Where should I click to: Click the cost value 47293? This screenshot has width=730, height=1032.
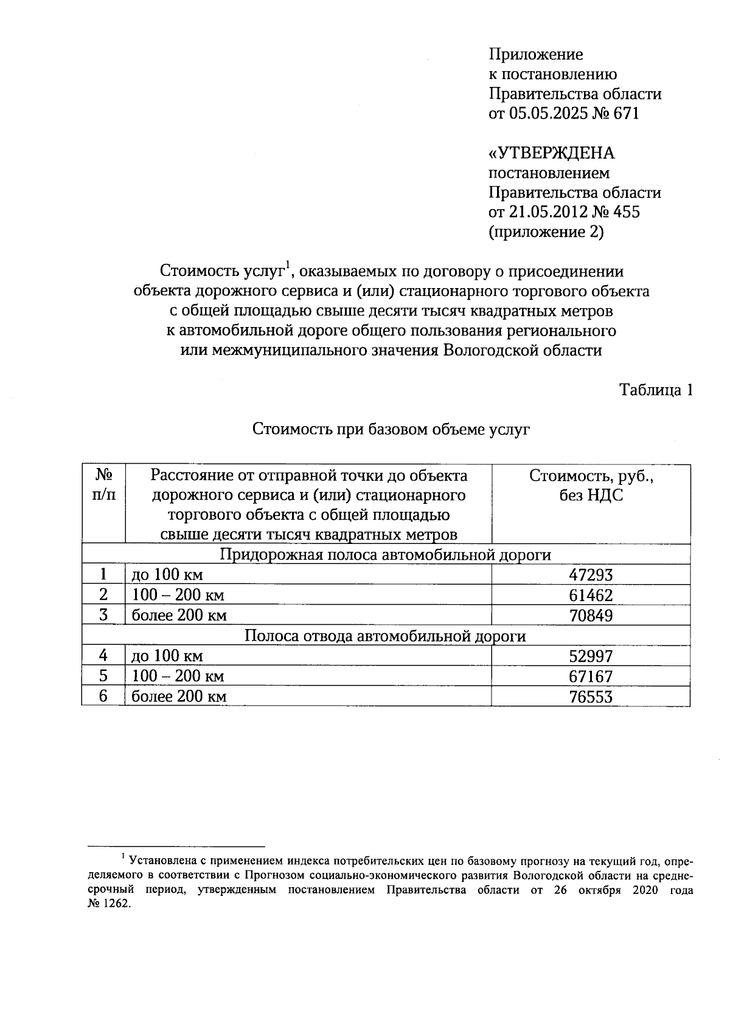point(591,575)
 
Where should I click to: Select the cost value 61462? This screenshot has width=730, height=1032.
point(591,595)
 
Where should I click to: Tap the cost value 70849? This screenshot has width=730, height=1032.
point(591,616)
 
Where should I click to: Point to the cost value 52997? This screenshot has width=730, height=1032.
point(591,656)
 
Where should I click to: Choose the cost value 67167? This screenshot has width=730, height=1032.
point(591,676)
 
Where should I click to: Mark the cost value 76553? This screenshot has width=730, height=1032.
point(591,697)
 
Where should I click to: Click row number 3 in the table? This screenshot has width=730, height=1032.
point(103,615)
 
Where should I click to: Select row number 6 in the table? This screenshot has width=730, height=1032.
point(103,696)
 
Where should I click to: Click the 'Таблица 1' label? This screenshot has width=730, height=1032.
point(656,390)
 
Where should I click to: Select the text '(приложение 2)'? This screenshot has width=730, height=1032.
point(546,232)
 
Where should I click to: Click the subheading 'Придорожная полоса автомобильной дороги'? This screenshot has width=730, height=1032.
point(386,555)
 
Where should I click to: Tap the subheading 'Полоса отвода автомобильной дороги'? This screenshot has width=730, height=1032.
point(386,636)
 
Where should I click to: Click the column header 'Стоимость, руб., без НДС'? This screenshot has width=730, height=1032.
point(591,486)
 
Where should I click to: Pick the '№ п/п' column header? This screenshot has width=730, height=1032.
point(103,484)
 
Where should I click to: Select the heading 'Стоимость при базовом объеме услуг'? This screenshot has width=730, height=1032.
point(391,430)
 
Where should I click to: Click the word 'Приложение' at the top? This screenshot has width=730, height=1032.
point(536,55)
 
